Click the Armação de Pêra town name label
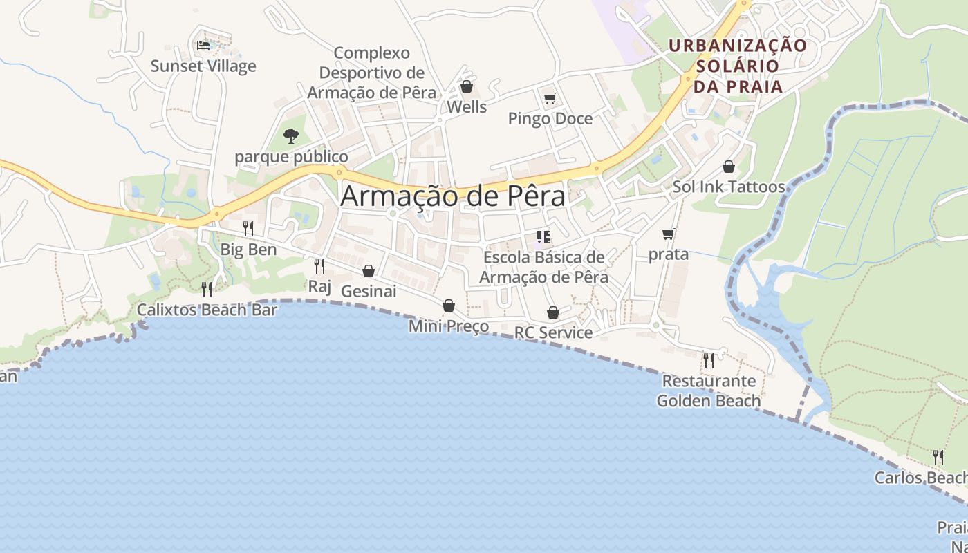(x=453, y=196)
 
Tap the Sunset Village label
(x=203, y=66)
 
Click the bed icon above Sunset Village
(x=203, y=45)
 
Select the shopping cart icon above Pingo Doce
(x=550, y=98)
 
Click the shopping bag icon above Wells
(x=466, y=87)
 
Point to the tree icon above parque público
(x=291, y=135)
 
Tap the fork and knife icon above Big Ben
(x=248, y=229)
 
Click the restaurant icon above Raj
(x=319, y=265)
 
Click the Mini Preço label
(x=449, y=326)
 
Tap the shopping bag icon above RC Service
(x=553, y=312)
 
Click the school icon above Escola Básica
(x=543, y=237)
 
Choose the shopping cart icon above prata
(x=668, y=234)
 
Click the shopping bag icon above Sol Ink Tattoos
(x=728, y=167)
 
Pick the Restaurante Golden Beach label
(x=709, y=391)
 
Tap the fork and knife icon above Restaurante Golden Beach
(x=708, y=360)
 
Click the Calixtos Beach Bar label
(x=207, y=310)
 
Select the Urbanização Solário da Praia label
(x=738, y=66)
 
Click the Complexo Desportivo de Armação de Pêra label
(x=372, y=73)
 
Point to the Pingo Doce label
(x=550, y=119)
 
